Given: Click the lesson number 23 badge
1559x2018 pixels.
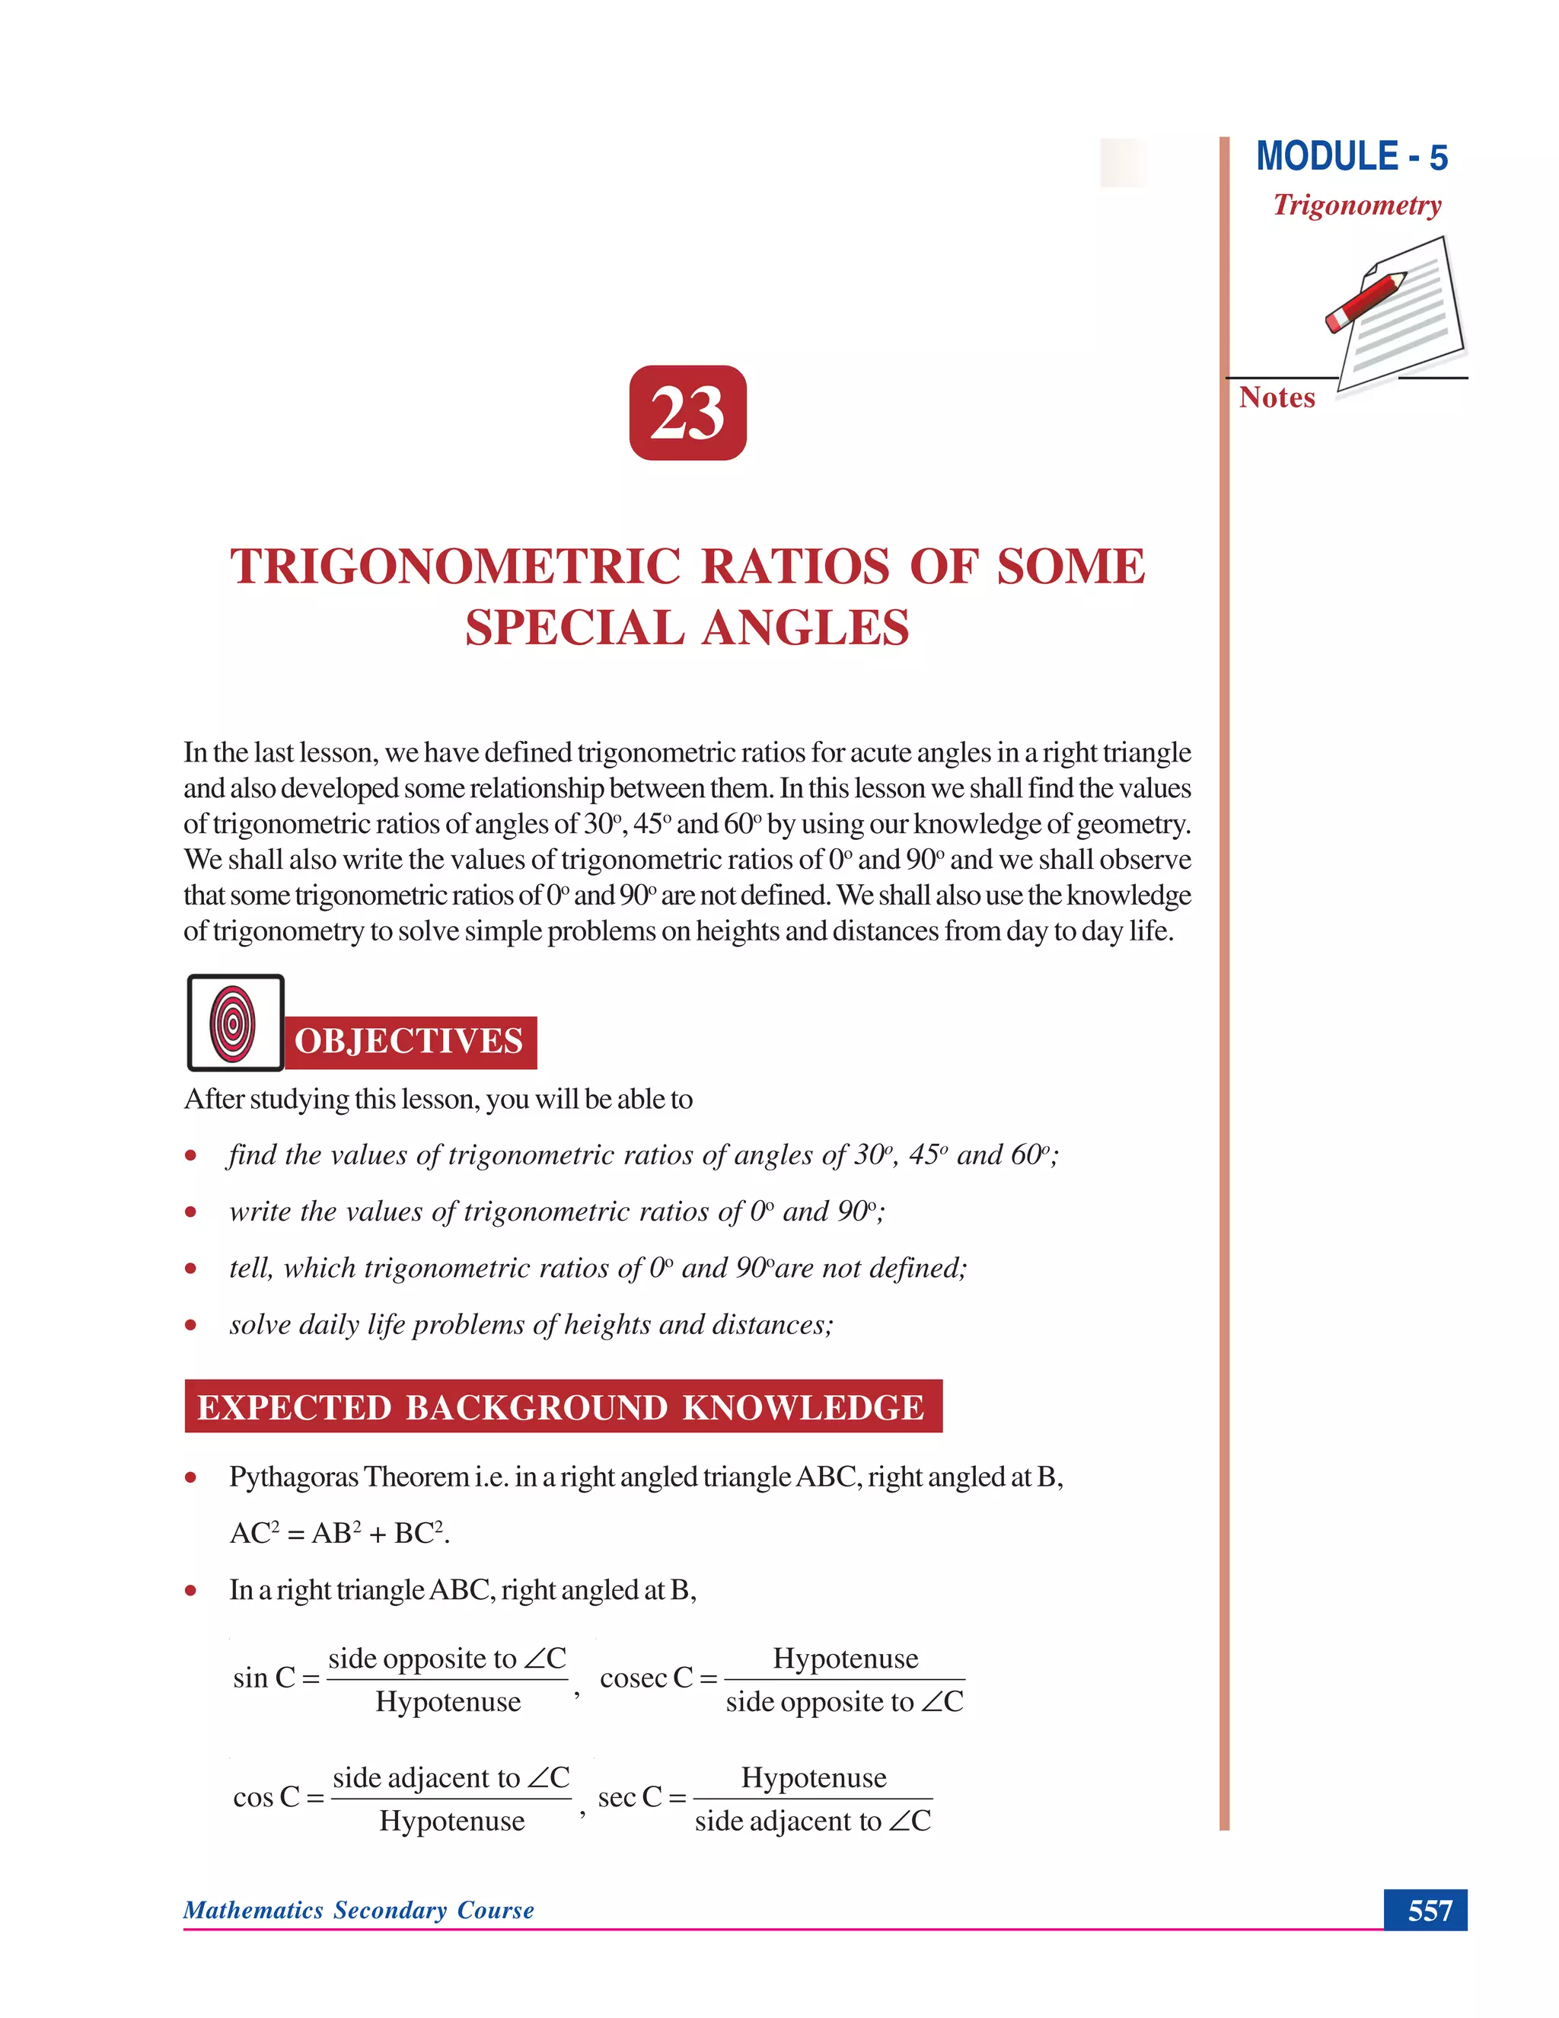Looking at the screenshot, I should point(687,412).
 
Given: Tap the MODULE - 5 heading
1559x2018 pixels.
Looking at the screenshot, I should point(1351,157).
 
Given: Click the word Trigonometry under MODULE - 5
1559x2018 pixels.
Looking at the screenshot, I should point(1357,205).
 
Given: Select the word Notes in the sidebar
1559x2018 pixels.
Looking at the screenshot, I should point(1277,398).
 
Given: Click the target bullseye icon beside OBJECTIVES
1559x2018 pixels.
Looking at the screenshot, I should point(234,1023).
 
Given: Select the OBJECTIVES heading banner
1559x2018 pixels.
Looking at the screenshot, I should point(409,1041).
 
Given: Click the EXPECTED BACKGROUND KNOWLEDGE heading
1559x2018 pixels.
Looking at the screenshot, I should point(563,1407).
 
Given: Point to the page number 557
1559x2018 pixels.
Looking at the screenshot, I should point(1429,1910).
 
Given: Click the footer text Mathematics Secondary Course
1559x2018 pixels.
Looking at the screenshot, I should point(359,1910).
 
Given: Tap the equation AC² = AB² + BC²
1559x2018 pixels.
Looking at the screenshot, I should point(339,1534).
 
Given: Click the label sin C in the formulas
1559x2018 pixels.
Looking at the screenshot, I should point(264,1678).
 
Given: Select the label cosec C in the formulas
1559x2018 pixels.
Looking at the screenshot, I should point(646,1678).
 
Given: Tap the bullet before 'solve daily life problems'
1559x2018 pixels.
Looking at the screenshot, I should point(190,1325).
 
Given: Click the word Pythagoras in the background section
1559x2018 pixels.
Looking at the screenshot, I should point(294,1477).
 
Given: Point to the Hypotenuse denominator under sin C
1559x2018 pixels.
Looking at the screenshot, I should point(448,1702).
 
